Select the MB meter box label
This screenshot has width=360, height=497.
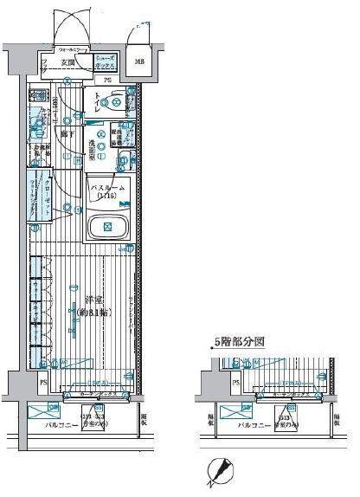(x=138, y=61)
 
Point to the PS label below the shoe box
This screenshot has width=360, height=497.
(x=107, y=81)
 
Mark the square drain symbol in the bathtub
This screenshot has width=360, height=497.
(x=108, y=227)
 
